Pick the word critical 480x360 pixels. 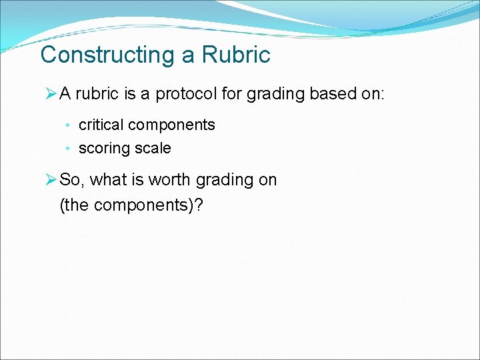(101, 125)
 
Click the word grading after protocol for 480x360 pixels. (276, 94)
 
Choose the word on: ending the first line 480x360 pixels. (372, 94)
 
